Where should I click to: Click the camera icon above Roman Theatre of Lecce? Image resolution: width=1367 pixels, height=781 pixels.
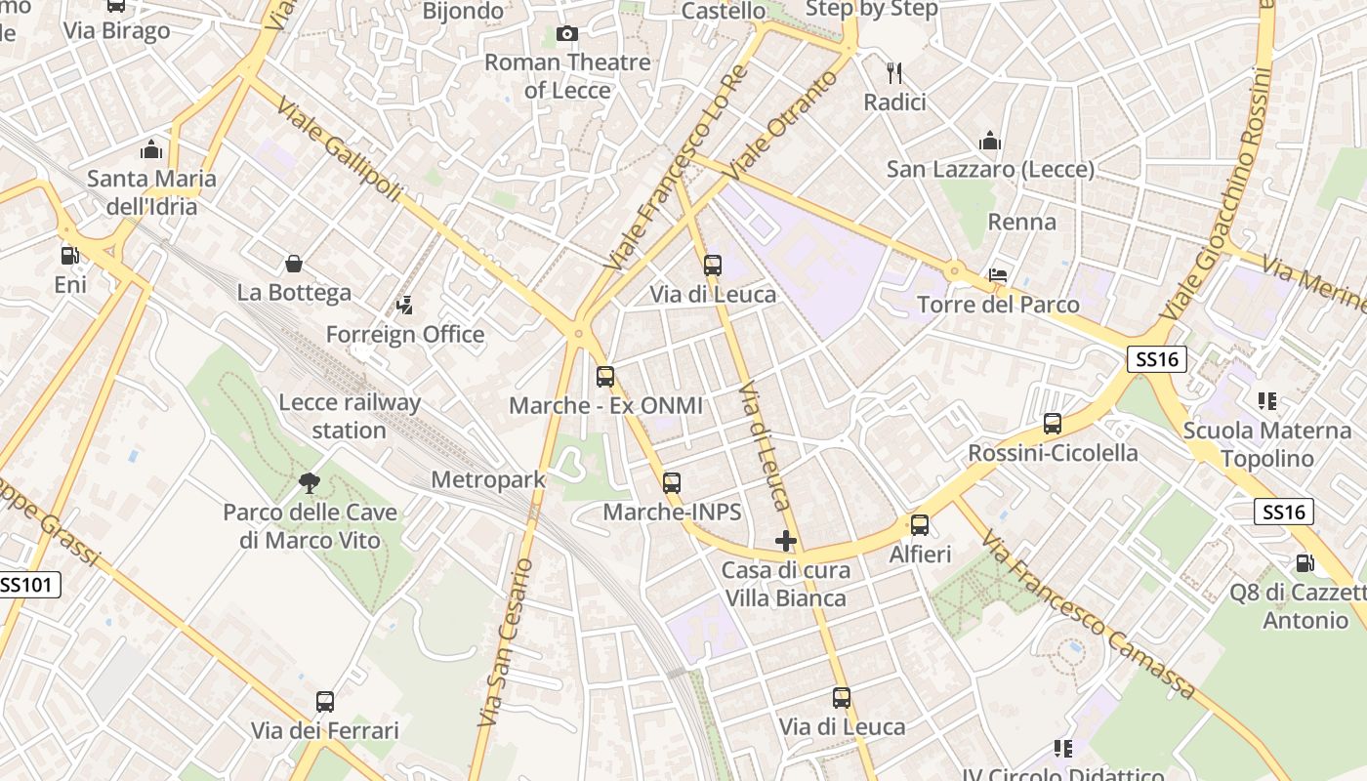(x=566, y=34)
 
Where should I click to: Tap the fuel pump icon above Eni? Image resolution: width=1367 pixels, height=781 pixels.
(x=69, y=256)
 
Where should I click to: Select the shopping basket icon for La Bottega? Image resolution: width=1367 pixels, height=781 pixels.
(x=293, y=264)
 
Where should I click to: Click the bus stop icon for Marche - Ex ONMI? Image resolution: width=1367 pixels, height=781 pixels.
(x=605, y=377)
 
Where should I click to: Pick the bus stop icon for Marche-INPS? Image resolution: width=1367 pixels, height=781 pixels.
(x=672, y=482)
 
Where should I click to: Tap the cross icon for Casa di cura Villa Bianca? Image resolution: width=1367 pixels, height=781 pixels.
(x=785, y=540)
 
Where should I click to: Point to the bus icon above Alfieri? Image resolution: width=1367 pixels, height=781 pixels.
(x=920, y=525)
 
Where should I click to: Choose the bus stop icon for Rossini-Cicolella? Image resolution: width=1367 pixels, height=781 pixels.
(x=1053, y=424)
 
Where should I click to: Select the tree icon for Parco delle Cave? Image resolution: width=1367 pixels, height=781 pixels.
(x=310, y=482)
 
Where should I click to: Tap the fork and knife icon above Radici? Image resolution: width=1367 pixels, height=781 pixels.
(x=893, y=72)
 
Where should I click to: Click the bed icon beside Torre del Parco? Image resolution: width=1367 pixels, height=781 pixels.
(x=997, y=274)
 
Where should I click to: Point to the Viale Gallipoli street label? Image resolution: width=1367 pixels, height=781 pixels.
(x=340, y=148)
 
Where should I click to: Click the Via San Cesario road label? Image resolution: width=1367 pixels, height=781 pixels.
(x=505, y=641)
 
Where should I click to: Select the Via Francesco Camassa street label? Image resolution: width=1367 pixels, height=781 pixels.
(x=1088, y=615)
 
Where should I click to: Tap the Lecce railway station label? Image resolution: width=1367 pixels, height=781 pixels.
(x=350, y=416)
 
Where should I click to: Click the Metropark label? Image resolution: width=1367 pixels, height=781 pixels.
(x=488, y=480)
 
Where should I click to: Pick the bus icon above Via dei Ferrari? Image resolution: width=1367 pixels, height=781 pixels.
(x=325, y=701)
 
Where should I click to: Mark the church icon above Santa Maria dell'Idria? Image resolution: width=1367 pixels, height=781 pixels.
(x=151, y=149)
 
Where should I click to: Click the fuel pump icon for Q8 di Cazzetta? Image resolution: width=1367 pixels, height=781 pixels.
(x=1305, y=563)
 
